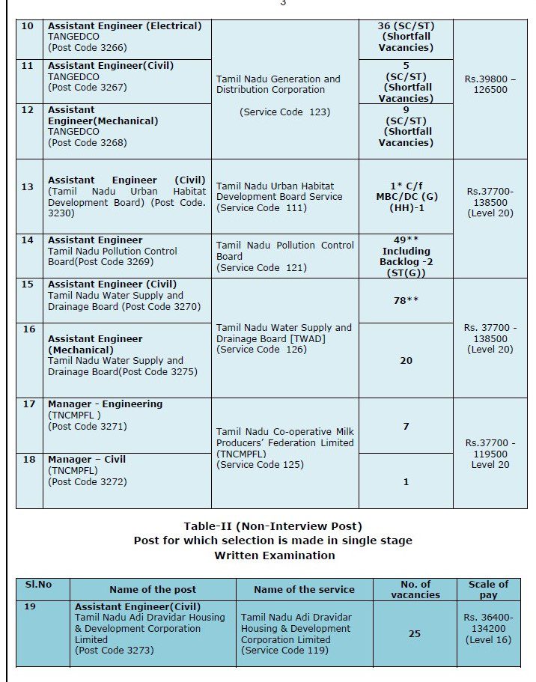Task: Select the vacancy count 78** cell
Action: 406,300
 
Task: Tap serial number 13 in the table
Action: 28,186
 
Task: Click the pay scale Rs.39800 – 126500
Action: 490,84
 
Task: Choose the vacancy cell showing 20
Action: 406,361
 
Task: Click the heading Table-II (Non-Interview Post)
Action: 272,526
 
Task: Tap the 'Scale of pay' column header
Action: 488,589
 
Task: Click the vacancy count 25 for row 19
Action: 414,633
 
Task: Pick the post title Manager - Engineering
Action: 105,404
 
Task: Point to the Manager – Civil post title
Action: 87,459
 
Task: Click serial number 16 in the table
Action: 28,329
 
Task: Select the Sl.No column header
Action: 38,584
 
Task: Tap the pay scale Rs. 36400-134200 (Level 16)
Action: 488,628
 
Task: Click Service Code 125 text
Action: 260,464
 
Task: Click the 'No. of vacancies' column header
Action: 415,589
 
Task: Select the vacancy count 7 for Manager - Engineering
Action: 406,426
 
